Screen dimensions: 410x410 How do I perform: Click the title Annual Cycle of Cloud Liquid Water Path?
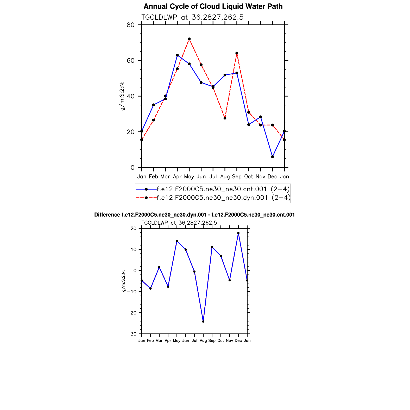click(213, 6)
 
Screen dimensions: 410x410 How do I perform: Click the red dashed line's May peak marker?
click(189, 39)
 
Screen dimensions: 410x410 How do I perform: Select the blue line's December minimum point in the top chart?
click(272, 157)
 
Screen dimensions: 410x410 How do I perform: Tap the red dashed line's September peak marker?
click(237, 53)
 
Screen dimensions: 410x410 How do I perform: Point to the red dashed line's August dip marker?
click(225, 118)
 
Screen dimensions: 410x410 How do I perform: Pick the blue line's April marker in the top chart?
click(177, 55)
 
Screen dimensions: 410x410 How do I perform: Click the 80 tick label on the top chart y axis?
click(131, 25)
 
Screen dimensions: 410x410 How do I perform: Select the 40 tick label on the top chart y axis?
click(131, 96)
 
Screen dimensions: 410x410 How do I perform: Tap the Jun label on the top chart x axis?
click(201, 177)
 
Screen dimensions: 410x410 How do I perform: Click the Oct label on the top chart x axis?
click(249, 177)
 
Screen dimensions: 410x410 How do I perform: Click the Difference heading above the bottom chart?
click(194, 215)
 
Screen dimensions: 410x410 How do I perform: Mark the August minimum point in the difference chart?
click(203, 321)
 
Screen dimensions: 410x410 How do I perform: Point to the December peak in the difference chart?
click(238, 233)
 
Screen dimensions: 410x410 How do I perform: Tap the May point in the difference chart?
click(177, 241)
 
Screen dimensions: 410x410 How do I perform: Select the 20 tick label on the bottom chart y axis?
click(134, 229)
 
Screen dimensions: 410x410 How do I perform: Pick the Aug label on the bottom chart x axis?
click(203, 340)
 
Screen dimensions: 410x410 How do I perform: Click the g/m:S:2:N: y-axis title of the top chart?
click(122, 96)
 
